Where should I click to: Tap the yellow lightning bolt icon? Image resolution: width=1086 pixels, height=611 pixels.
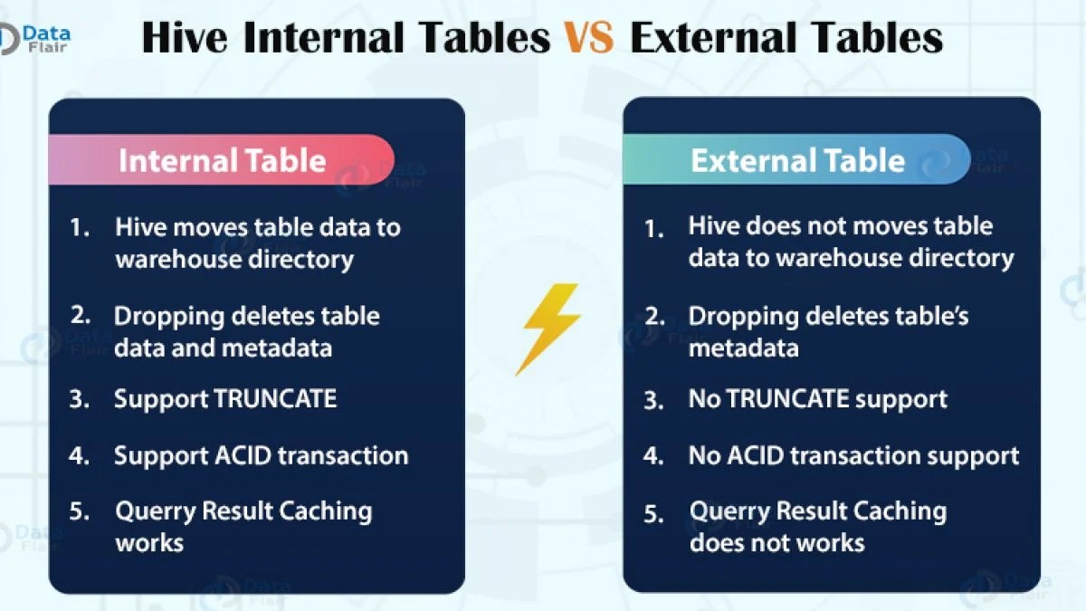point(547,329)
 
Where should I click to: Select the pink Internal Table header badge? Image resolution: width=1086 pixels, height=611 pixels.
point(222,160)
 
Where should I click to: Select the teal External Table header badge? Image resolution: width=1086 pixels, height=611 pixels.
point(796,160)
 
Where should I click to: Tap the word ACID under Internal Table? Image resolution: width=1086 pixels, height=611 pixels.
point(241,455)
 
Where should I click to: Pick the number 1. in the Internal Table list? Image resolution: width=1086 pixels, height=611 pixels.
point(81,227)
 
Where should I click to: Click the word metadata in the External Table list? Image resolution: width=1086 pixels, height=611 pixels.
point(743,348)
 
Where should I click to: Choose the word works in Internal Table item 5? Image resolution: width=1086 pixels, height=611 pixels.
point(149,543)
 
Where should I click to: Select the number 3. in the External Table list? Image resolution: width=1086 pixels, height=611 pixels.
point(654,400)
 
